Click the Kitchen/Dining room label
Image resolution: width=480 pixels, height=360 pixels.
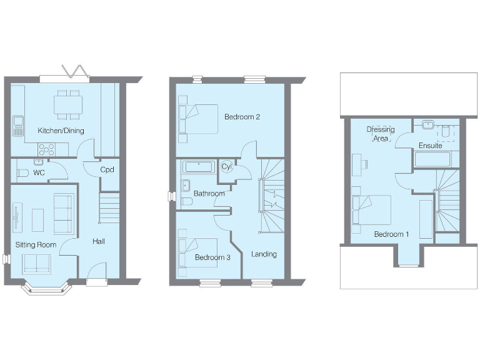pos(61,131)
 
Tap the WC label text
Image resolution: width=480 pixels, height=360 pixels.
pos(39,172)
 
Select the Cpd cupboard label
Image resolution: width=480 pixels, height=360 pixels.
pos(106,169)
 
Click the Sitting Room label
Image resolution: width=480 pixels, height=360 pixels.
pos(36,244)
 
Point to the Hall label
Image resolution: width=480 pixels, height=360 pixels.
pos(99,241)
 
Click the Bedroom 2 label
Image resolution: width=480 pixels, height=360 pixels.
pos(242,117)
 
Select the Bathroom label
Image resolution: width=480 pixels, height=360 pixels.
pos(209,194)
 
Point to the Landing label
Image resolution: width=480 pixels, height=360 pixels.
pos(264,254)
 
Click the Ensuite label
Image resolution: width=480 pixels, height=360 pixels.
pos(431,146)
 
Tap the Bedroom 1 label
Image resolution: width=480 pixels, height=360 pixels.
pos(391,234)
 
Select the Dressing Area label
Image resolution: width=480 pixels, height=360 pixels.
pos(381,133)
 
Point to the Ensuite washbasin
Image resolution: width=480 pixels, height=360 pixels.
pos(428,124)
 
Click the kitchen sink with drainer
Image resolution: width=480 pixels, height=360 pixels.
pos(17,126)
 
